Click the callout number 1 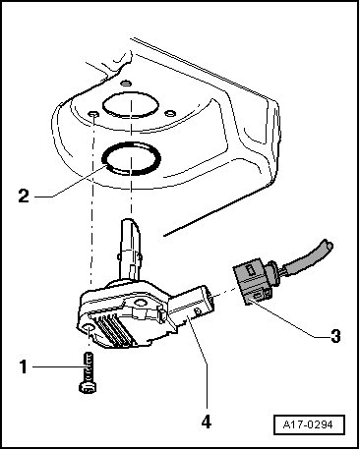click(x=23, y=366)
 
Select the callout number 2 click(x=24, y=197)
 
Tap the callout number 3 click(x=335, y=336)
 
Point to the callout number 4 click(x=207, y=422)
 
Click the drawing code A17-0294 click(x=309, y=424)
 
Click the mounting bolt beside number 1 click(x=88, y=372)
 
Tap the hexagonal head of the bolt click(x=88, y=387)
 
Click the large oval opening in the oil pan click(x=131, y=104)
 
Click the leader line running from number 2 click(x=72, y=182)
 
